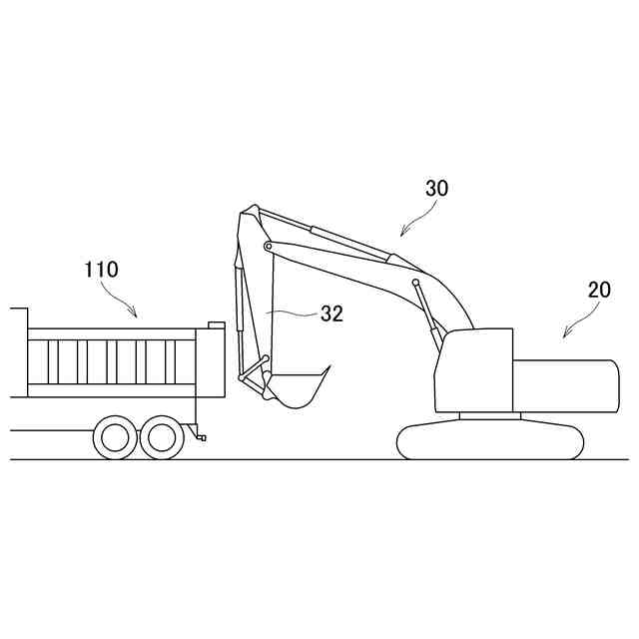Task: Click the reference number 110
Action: [101, 269]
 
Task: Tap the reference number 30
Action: [437, 189]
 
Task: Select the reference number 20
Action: [599, 291]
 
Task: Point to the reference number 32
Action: [331, 314]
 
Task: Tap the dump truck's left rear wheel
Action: [116, 436]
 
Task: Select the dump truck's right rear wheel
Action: [161, 436]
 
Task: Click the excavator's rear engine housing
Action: [565, 384]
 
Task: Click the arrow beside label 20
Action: [578, 324]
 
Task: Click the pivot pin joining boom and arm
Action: [268, 246]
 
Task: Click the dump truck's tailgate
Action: [215, 360]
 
